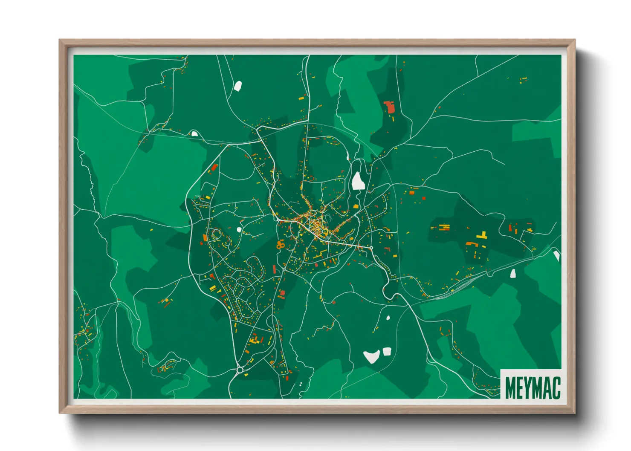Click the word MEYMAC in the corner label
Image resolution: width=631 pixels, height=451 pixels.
pyautogui.click(x=533, y=387)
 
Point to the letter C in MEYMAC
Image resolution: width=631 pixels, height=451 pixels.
pyautogui.click(x=556, y=387)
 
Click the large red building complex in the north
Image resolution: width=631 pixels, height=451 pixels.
pyautogui.click(x=389, y=106)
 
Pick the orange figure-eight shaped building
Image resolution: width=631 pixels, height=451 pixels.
pyautogui.click(x=280, y=245)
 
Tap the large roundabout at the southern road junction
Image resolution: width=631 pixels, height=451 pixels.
pyautogui.click(x=240, y=370)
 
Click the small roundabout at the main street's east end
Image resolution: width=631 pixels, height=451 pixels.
pyautogui.click(x=371, y=248)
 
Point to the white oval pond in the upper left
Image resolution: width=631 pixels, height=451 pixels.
pyautogui.click(x=237, y=86)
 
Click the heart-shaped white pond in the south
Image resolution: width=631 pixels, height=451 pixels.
pyautogui.click(x=371, y=356)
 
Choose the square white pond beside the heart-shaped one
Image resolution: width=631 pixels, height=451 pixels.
pyautogui.click(x=387, y=351)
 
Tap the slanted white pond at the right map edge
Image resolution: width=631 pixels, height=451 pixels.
pyautogui.click(x=556, y=256)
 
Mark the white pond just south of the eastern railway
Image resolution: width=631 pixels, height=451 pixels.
pyautogui.click(x=513, y=273)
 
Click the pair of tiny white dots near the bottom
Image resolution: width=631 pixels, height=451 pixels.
pyautogui.click(x=301, y=384)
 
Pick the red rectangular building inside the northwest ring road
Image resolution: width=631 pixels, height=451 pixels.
pyautogui.click(x=214, y=167)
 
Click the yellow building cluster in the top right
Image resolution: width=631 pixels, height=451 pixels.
pyautogui.click(x=523, y=79)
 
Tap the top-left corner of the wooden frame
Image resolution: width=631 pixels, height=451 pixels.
pyautogui.click(x=60, y=40)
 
